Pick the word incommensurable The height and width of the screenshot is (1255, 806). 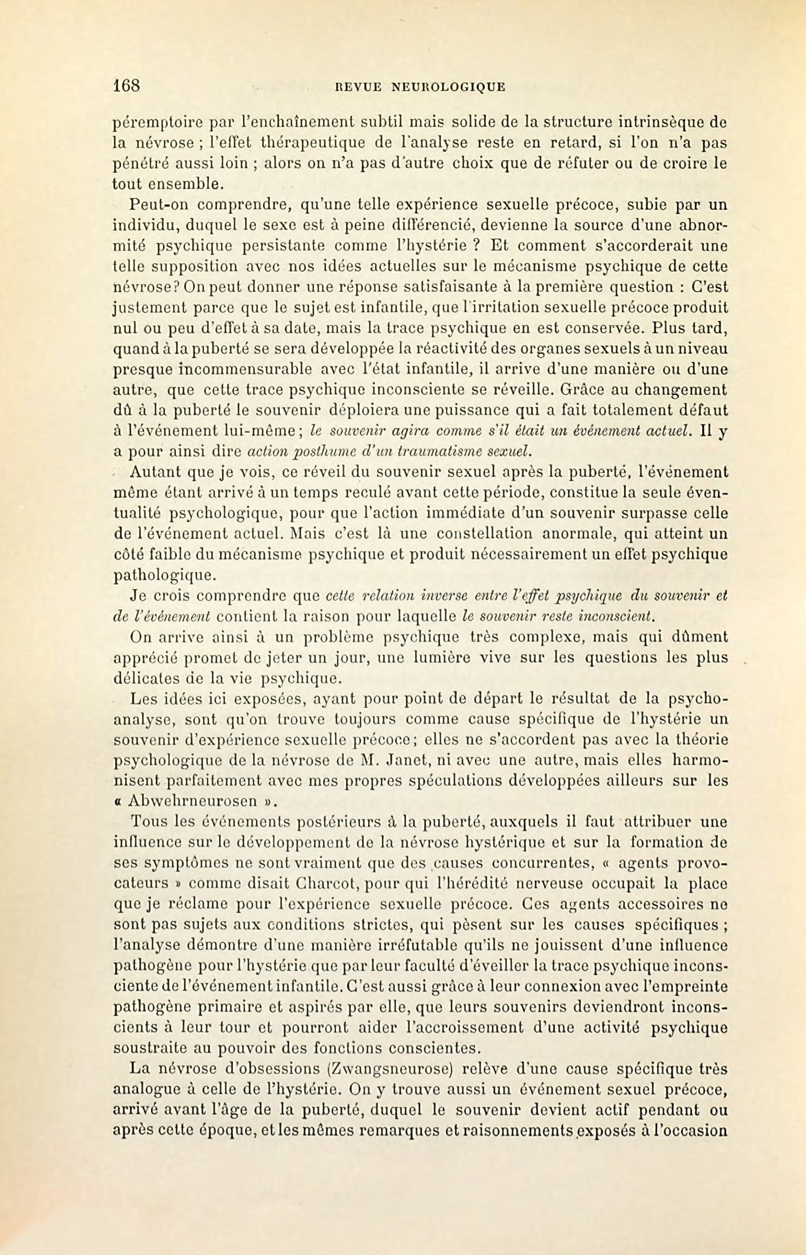(x=213, y=370)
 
